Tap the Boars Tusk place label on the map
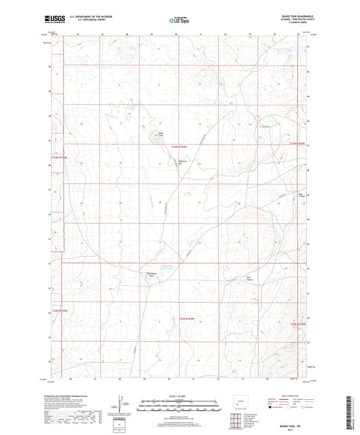tap(161, 133)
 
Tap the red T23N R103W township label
tap(297, 143)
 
